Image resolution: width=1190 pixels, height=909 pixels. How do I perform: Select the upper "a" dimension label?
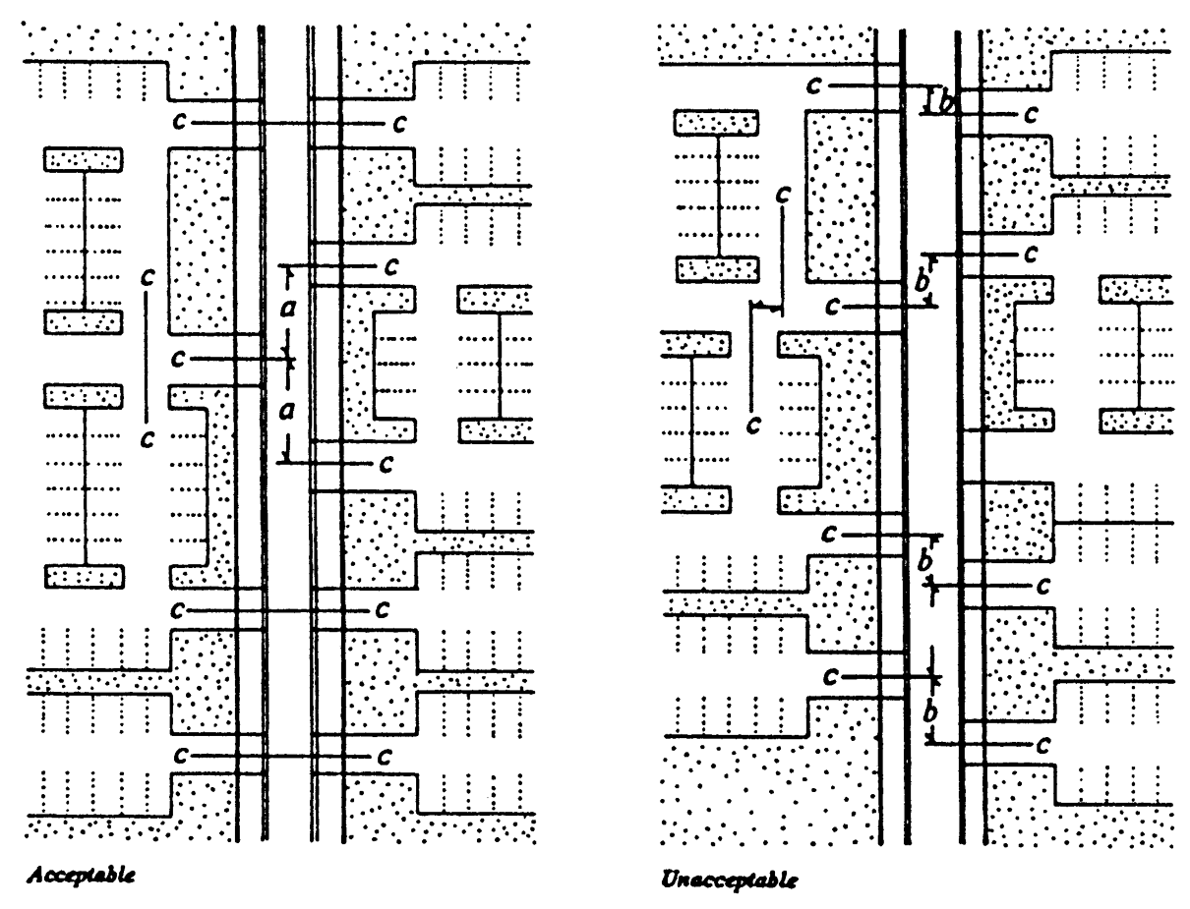click(287, 310)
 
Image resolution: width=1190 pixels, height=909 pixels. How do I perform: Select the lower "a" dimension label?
click(287, 413)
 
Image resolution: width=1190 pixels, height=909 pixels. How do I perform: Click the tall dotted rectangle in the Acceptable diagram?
click(202, 241)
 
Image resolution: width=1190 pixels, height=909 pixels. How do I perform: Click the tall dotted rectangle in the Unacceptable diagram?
click(840, 197)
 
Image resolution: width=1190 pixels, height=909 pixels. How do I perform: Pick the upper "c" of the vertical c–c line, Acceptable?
click(147, 279)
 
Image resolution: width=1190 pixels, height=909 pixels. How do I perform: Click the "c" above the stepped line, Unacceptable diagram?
click(784, 195)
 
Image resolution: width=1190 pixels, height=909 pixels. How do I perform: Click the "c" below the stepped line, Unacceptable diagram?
click(753, 424)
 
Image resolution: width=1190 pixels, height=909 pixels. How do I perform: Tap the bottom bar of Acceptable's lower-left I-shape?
click(84, 576)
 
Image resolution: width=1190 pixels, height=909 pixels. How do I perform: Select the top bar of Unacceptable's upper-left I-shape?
click(715, 123)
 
